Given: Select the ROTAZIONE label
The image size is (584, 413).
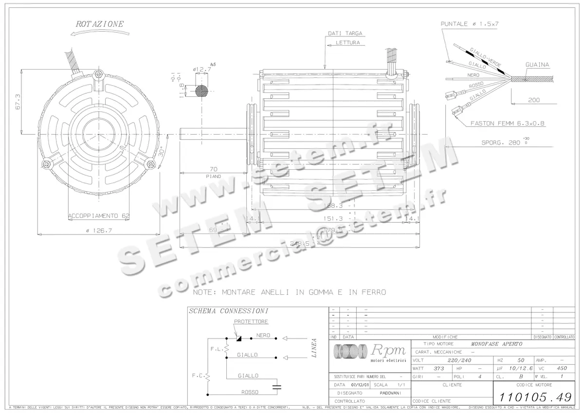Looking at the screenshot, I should click(x=100, y=23).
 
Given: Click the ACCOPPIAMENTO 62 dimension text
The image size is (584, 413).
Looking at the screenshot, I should click(x=98, y=215).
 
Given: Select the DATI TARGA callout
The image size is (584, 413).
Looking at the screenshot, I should click(x=345, y=34).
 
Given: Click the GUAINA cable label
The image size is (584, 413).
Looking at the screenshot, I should click(x=537, y=65).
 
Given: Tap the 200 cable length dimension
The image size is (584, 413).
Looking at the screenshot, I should click(x=533, y=101).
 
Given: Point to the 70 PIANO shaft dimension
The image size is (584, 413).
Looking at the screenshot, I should click(x=213, y=170).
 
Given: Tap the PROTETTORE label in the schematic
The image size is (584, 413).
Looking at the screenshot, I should click(x=251, y=322).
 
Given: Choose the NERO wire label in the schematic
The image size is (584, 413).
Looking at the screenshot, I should click(x=263, y=336).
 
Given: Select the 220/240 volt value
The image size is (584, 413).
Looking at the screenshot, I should click(x=458, y=360).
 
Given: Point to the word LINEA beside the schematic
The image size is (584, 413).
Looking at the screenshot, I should click(x=314, y=348).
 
